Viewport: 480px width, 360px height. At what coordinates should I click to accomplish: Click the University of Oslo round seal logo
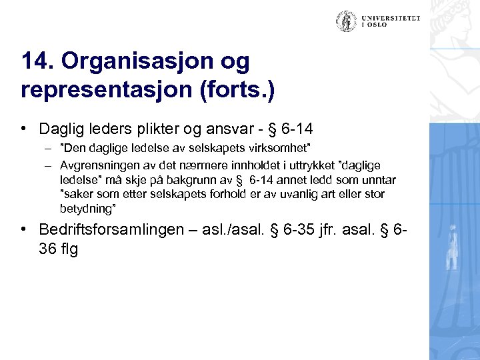click(x=346, y=21)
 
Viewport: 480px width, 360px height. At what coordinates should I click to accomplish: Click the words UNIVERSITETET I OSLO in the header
click(x=391, y=21)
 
